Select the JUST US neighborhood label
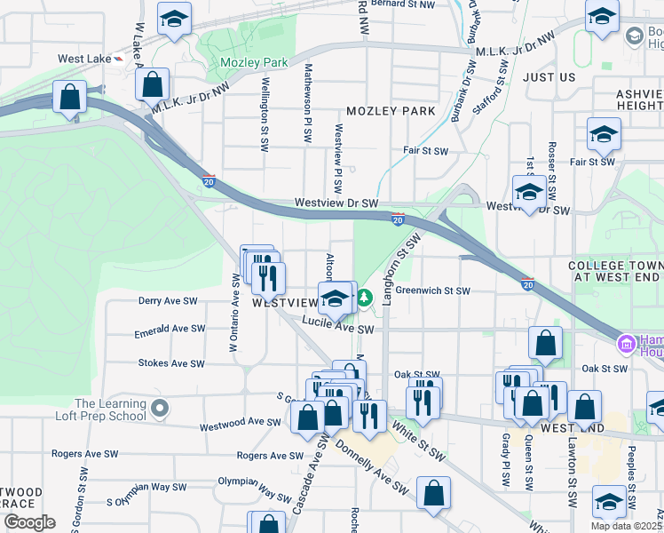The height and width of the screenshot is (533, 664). [x=549, y=77]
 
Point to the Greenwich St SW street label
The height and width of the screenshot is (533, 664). [x=431, y=290]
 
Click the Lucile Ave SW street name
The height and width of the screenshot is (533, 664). [x=337, y=327]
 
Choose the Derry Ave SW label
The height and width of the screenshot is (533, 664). [x=168, y=301]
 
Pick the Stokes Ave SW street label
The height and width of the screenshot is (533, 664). [x=171, y=363]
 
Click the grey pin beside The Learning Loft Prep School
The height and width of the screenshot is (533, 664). [x=160, y=409]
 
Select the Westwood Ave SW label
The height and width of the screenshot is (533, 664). [x=240, y=422]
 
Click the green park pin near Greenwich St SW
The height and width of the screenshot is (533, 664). [x=364, y=294]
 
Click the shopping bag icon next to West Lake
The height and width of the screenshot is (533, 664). [x=153, y=85]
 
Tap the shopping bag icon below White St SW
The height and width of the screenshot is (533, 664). [x=433, y=493]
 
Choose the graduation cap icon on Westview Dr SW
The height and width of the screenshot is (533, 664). [x=529, y=191]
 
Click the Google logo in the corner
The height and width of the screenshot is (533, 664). [x=29, y=522]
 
